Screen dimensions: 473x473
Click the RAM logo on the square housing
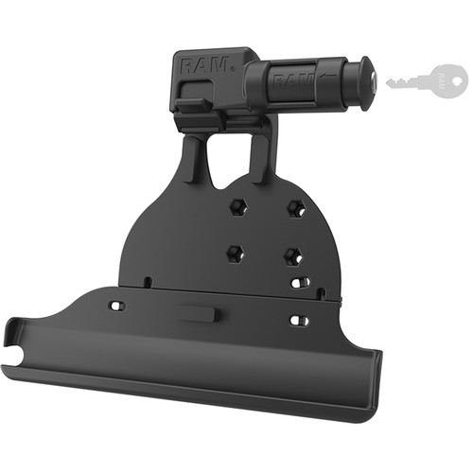coord(205,65)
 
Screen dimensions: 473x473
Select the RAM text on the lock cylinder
coord(291,82)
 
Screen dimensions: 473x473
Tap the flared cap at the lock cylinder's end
coord(366,83)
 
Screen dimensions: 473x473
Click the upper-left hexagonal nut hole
coord(238,207)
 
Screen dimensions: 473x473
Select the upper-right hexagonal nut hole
coord(296,208)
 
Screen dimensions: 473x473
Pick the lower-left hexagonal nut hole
coord(236,254)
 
